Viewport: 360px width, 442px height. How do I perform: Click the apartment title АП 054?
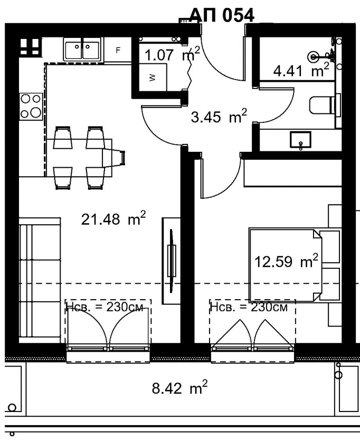(x=222, y=15)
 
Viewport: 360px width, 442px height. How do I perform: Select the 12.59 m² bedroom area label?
(x=286, y=261)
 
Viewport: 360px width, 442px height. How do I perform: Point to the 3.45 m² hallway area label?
(x=219, y=116)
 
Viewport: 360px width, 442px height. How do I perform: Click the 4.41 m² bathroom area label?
(x=301, y=70)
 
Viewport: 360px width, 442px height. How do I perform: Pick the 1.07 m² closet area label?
(x=172, y=54)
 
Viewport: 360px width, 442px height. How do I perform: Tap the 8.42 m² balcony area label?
(x=179, y=388)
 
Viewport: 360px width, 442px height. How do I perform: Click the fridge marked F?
(x=118, y=50)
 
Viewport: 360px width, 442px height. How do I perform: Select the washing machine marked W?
(x=152, y=77)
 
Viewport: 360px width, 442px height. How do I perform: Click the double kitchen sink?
(x=82, y=49)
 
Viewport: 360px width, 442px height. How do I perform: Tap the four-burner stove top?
(x=31, y=106)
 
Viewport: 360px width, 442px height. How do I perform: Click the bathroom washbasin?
(x=301, y=139)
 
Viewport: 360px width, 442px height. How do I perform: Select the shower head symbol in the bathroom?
(x=313, y=57)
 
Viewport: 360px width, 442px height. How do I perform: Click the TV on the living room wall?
(x=171, y=261)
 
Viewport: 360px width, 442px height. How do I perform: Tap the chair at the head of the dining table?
(x=113, y=158)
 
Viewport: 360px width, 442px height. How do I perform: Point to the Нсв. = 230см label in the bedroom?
(x=249, y=307)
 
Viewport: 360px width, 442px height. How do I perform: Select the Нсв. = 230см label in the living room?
(x=104, y=307)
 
